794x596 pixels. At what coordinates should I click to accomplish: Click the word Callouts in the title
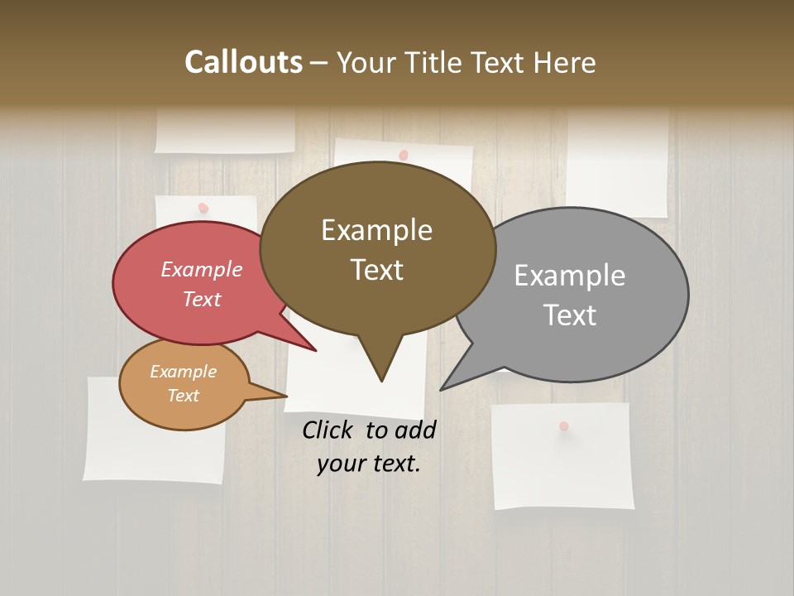243,62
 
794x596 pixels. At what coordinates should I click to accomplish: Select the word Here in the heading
563,62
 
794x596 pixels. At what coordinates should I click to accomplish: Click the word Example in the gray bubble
569,276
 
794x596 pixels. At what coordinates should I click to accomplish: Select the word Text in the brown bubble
377,270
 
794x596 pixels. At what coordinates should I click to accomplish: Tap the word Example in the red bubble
201,270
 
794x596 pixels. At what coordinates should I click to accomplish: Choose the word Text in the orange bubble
183,396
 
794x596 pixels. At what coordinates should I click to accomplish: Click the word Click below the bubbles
330,430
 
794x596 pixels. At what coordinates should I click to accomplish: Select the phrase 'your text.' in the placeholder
368,464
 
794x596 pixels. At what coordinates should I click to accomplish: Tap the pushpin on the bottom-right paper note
564,425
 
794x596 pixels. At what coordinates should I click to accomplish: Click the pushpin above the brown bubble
404,155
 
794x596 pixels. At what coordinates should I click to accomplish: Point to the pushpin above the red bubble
203,207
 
